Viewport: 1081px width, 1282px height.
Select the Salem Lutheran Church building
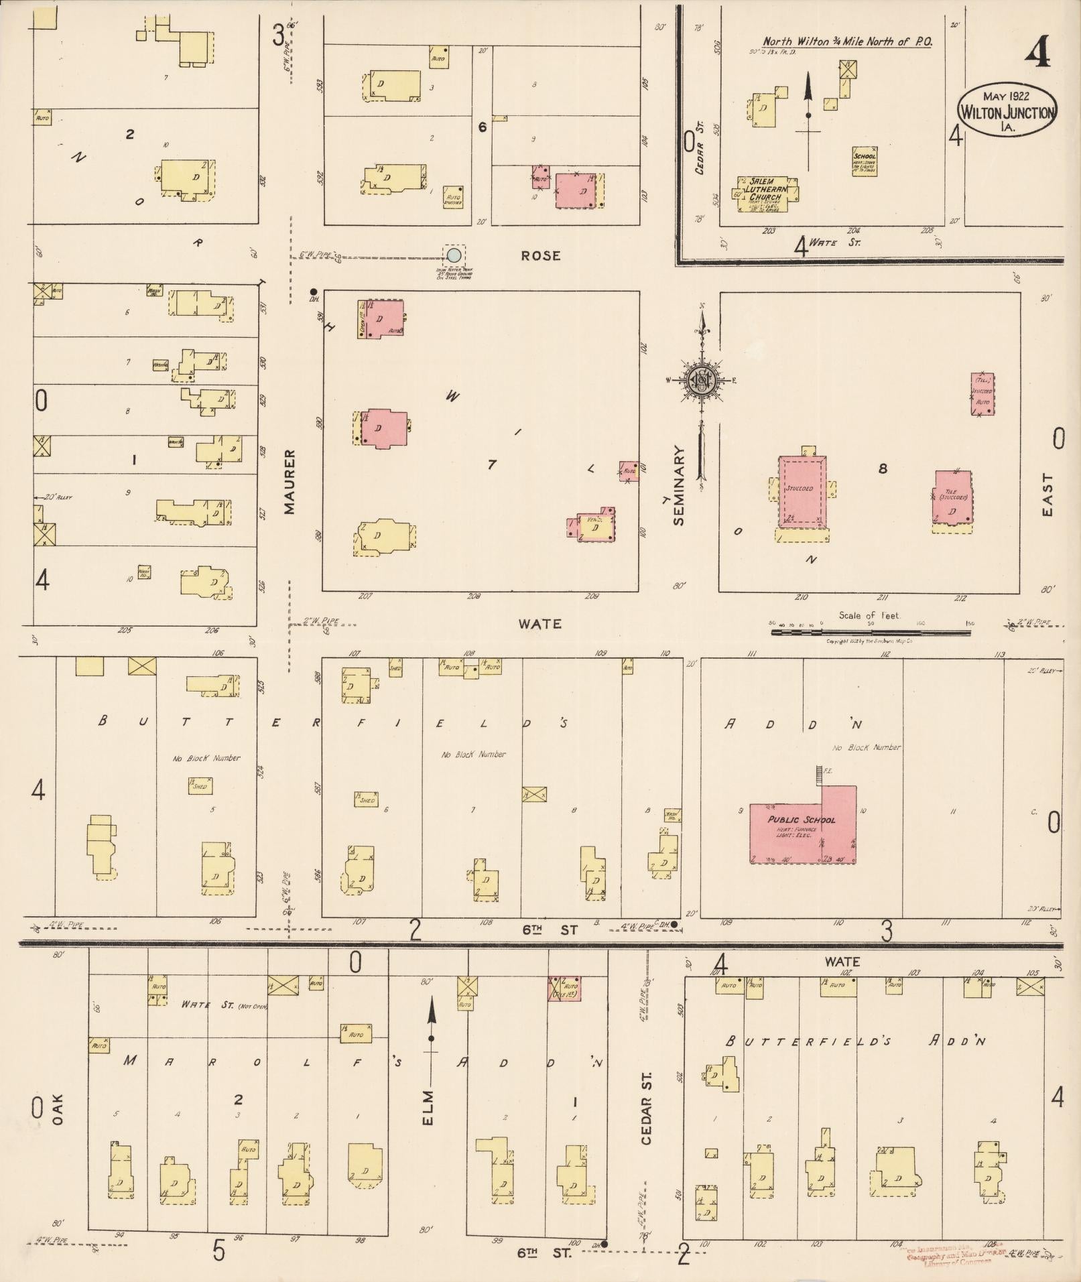[x=767, y=194]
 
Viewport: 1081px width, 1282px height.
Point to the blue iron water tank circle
[x=454, y=255]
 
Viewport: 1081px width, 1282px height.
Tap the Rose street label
[x=540, y=256]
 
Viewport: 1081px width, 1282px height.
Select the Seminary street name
[x=680, y=485]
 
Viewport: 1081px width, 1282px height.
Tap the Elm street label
[x=429, y=1108]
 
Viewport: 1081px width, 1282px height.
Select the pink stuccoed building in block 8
[x=802, y=491]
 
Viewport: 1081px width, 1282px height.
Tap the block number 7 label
[x=492, y=464]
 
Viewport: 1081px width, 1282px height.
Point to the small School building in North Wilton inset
[x=865, y=162]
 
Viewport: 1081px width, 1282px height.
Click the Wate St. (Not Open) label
[x=224, y=1005]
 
